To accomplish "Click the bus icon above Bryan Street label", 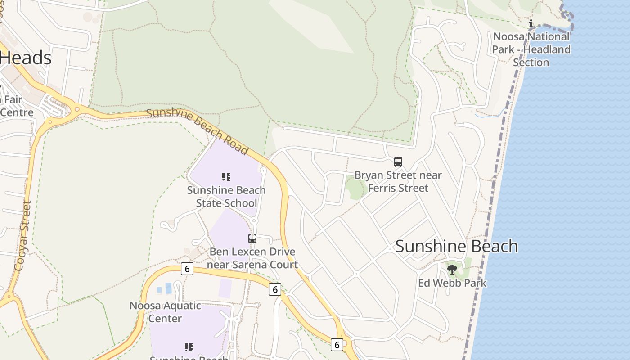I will pyautogui.click(x=398, y=162).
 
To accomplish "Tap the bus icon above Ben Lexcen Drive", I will pyautogui.click(x=252, y=238).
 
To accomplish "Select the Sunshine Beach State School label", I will pyautogui.click(x=226, y=197).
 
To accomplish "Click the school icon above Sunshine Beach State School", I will pyautogui.click(x=226, y=177).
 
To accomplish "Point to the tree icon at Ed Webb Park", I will pyautogui.click(x=452, y=270).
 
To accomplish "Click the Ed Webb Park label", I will pyautogui.click(x=452, y=283).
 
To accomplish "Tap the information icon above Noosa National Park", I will pyautogui.click(x=531, y=24).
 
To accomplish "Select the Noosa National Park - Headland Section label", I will pyautogui.click(x=531, y=49).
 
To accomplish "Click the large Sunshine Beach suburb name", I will pyautogui.click(x=456, y=246).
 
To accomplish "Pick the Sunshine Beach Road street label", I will pyautogui.click(x=198, y=130).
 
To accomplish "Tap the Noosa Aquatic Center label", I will pyautogui.click(x=165, y=312).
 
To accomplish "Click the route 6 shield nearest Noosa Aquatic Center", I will pyautogui.click(x=187, y=269).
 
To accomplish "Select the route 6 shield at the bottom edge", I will pyautogui.click(x=337, y=345).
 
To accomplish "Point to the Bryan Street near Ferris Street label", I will pyautogui.click(x=398, y=181).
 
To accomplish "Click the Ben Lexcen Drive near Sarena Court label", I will pyautogui.click(x=252, y=258).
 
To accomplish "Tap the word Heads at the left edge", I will pyautogui.click(x=26, y=58).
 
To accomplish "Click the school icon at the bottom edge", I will pyautogui.click(x=189, y=347).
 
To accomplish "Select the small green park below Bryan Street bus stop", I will pyautogui.click(x=355, y=188).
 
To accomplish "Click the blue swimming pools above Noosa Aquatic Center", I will pyautogui.click(x=165, y=288).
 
